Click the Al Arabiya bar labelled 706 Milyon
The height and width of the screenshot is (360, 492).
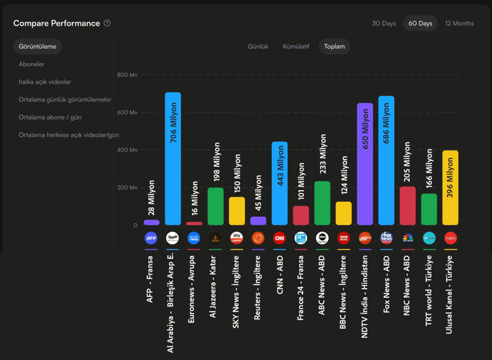173,159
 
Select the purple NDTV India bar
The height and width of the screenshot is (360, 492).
365,164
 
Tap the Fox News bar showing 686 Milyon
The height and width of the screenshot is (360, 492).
386,161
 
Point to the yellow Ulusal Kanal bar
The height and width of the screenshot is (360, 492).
450,188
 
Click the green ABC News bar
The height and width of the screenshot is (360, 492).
322,203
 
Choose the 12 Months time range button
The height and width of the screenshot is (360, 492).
459,24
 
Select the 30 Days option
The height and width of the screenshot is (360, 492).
384,24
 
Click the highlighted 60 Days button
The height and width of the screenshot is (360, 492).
420,24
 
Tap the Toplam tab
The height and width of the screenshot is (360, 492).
334,46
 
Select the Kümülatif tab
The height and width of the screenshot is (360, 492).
296,46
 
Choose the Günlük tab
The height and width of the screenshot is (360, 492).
258,46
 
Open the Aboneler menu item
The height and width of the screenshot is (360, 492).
32,64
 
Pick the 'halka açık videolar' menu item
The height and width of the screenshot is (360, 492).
44,82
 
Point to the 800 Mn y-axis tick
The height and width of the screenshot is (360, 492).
127,75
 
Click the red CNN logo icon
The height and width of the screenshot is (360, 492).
279,239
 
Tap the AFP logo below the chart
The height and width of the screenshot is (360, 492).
151,239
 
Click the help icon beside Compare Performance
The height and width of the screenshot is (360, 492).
107,24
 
